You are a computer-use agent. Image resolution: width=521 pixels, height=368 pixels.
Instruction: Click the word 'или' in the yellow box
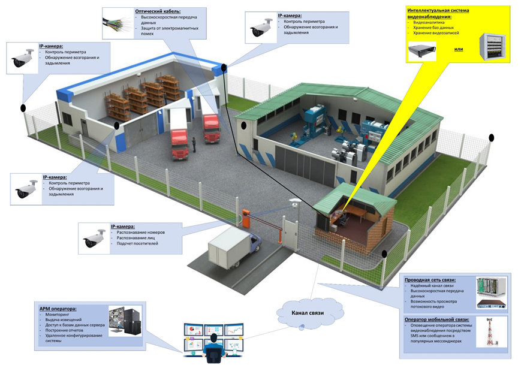[459, 49]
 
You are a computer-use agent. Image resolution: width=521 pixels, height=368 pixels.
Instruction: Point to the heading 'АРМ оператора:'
[62, 309]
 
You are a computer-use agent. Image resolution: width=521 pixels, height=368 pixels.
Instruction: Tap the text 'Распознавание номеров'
[140, 232]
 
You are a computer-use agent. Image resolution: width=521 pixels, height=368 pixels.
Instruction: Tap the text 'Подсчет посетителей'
[139, 245]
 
